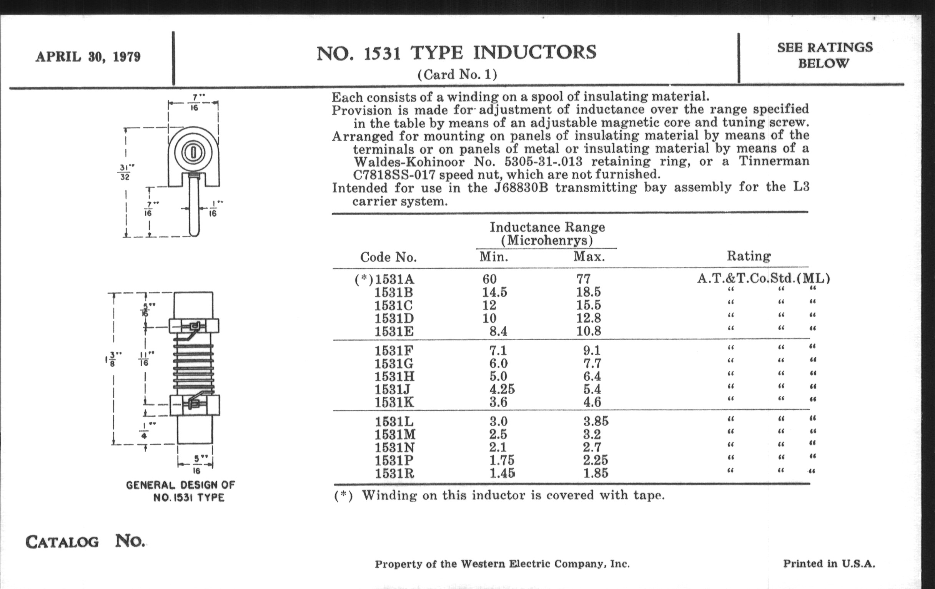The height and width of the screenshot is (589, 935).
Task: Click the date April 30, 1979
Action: point(88,57)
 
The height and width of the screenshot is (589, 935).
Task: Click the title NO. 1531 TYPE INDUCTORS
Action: point(457,53)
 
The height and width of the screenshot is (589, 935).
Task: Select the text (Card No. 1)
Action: point(457,74)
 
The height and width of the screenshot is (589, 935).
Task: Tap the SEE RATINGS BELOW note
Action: point(825,55)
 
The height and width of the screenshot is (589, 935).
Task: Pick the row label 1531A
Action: point(394,279)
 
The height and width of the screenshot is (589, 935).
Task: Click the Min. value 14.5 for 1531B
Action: point(495,292)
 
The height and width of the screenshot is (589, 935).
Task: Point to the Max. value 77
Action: point(583,279)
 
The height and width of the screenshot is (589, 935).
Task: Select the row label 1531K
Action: point(394,402)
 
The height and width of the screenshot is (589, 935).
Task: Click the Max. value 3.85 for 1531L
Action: point(596,421)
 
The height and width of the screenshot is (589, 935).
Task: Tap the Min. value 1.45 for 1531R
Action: point(502,473)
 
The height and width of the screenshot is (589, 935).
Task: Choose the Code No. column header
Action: point(388,257)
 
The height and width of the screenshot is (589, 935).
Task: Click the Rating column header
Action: point(749,256)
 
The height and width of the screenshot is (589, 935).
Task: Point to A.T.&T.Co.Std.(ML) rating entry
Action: point(764,278)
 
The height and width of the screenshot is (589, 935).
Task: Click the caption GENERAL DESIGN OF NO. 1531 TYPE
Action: point(181,491)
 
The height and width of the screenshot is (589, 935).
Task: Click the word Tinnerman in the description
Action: point(774,161)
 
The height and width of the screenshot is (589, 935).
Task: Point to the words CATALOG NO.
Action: point(85,541)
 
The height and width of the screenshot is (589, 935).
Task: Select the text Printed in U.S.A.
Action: point(829,564)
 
